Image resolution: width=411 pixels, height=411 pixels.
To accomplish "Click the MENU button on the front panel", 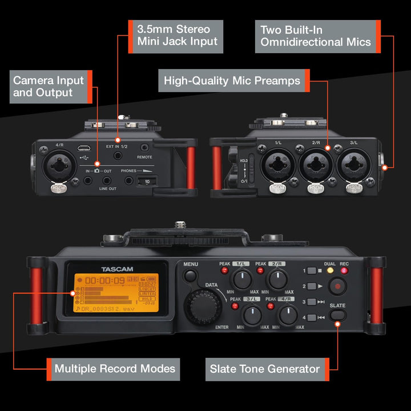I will (x=190, y=276).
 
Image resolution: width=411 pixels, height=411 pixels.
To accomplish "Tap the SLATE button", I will (x=337, y=315).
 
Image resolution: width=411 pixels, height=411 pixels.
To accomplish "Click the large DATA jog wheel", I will (x=205, y=307).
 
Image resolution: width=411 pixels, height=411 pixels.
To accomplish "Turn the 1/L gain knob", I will (x=243, y=280).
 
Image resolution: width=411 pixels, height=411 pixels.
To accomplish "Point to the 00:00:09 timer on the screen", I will (x=105, y=280).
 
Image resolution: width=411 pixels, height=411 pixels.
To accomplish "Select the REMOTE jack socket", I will (x=144, y=147).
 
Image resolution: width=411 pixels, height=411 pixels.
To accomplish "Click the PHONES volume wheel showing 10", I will (x=147, y=181).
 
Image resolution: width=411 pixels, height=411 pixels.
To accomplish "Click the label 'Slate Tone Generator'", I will (x=265, y=369).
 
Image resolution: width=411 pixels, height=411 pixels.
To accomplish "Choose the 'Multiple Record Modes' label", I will (x=115, y=369).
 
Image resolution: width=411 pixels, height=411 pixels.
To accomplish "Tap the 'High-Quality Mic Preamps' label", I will (x=232, y=81).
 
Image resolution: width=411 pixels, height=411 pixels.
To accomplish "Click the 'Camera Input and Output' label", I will (x=49, y=86).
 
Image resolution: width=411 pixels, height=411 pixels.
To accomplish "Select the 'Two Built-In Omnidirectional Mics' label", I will (x=316, y=35).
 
